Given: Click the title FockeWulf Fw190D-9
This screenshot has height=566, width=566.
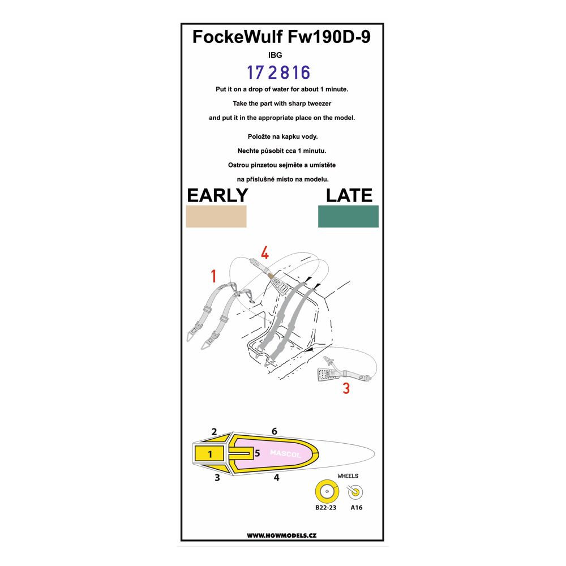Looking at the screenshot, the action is pyautogui.click(x=281, y=37).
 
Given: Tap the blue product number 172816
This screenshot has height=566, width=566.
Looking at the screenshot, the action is pyautogui.click(x=278, y=72).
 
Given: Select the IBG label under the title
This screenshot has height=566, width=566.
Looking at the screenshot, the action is pyautogui.click(x=275, y=55).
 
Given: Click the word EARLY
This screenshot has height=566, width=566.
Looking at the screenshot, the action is pyautogui.click(x=217, y=195).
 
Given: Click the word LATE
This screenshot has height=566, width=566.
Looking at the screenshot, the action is pyautogui.click(x=349, y=195).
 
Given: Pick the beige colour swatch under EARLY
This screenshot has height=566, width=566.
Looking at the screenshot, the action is pyautogui.click(x=216, y=216).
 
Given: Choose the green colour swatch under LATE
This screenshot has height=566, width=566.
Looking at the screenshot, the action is pyautogui.click(x=348, y=216).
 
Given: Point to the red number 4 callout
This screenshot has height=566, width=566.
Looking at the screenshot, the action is pyautogui.click(x=264, y=252).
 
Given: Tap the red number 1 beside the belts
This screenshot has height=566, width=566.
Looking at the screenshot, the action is pyautogui.click(x=214, y=276).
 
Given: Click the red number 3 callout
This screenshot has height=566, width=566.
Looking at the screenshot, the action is pyautogui.click(x=346, y=388).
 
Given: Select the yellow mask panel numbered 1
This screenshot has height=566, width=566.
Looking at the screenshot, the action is pyautogui.click(x=209, y=453).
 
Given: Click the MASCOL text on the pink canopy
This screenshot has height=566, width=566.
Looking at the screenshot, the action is pyautogui.click(x=285, y=453).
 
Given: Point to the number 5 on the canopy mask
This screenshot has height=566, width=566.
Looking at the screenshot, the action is pyautogui.click(x=257, y=453).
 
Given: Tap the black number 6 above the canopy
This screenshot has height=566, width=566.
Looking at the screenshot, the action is pyautogui.click(x=275, y=431).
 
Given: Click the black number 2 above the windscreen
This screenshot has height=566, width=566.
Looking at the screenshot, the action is pyautogui.click(x=214, y=432).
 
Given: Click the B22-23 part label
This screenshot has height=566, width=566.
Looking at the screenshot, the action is pyautogui.click(x=325, y=508).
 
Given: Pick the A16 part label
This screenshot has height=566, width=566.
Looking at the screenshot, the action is pyautogui.click(x=356, y=508).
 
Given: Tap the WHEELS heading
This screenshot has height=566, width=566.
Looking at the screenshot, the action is pyautogui.click(x=348, y=476).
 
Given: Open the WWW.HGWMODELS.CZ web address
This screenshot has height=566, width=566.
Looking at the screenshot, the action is pyautogui.click(x=281, y=535).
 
